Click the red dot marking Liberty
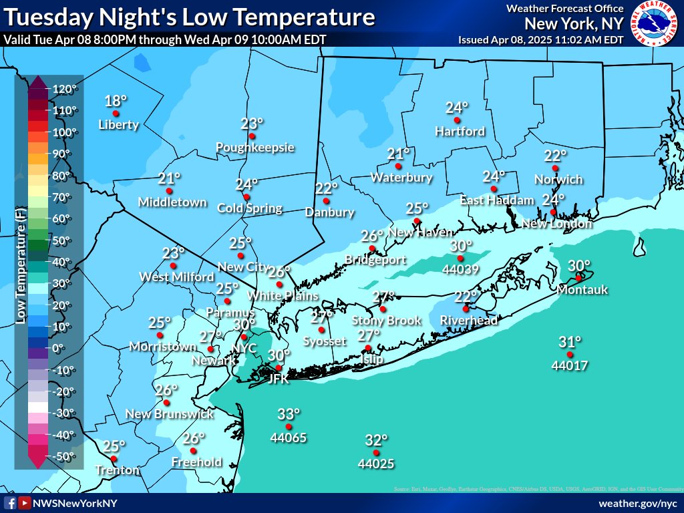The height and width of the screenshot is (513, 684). pos(116,114)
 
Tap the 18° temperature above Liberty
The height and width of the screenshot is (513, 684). pos(116,101)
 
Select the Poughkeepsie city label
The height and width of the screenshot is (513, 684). pos(254,147)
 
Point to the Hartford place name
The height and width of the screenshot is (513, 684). pos(460,132)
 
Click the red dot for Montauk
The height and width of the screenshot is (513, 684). pos(578,278)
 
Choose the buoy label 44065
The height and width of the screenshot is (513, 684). pos(289,438)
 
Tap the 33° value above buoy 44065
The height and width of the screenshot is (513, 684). pos(289,414)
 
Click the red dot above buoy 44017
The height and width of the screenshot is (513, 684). pos(570,355)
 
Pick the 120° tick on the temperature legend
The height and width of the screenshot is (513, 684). pos(66,89)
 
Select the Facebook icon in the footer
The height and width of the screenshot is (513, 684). pos(10,503)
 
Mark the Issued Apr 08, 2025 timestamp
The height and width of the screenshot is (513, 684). pos(540,39)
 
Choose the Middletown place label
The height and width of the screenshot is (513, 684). pos(169,202)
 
